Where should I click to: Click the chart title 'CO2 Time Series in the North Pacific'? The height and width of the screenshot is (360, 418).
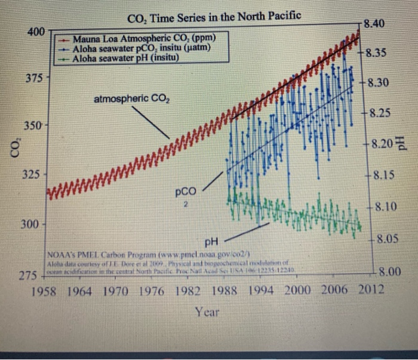point(214,16)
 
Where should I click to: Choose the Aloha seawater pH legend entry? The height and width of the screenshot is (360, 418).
point(126,58)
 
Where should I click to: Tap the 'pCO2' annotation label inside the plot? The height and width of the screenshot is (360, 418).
point(186,195)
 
